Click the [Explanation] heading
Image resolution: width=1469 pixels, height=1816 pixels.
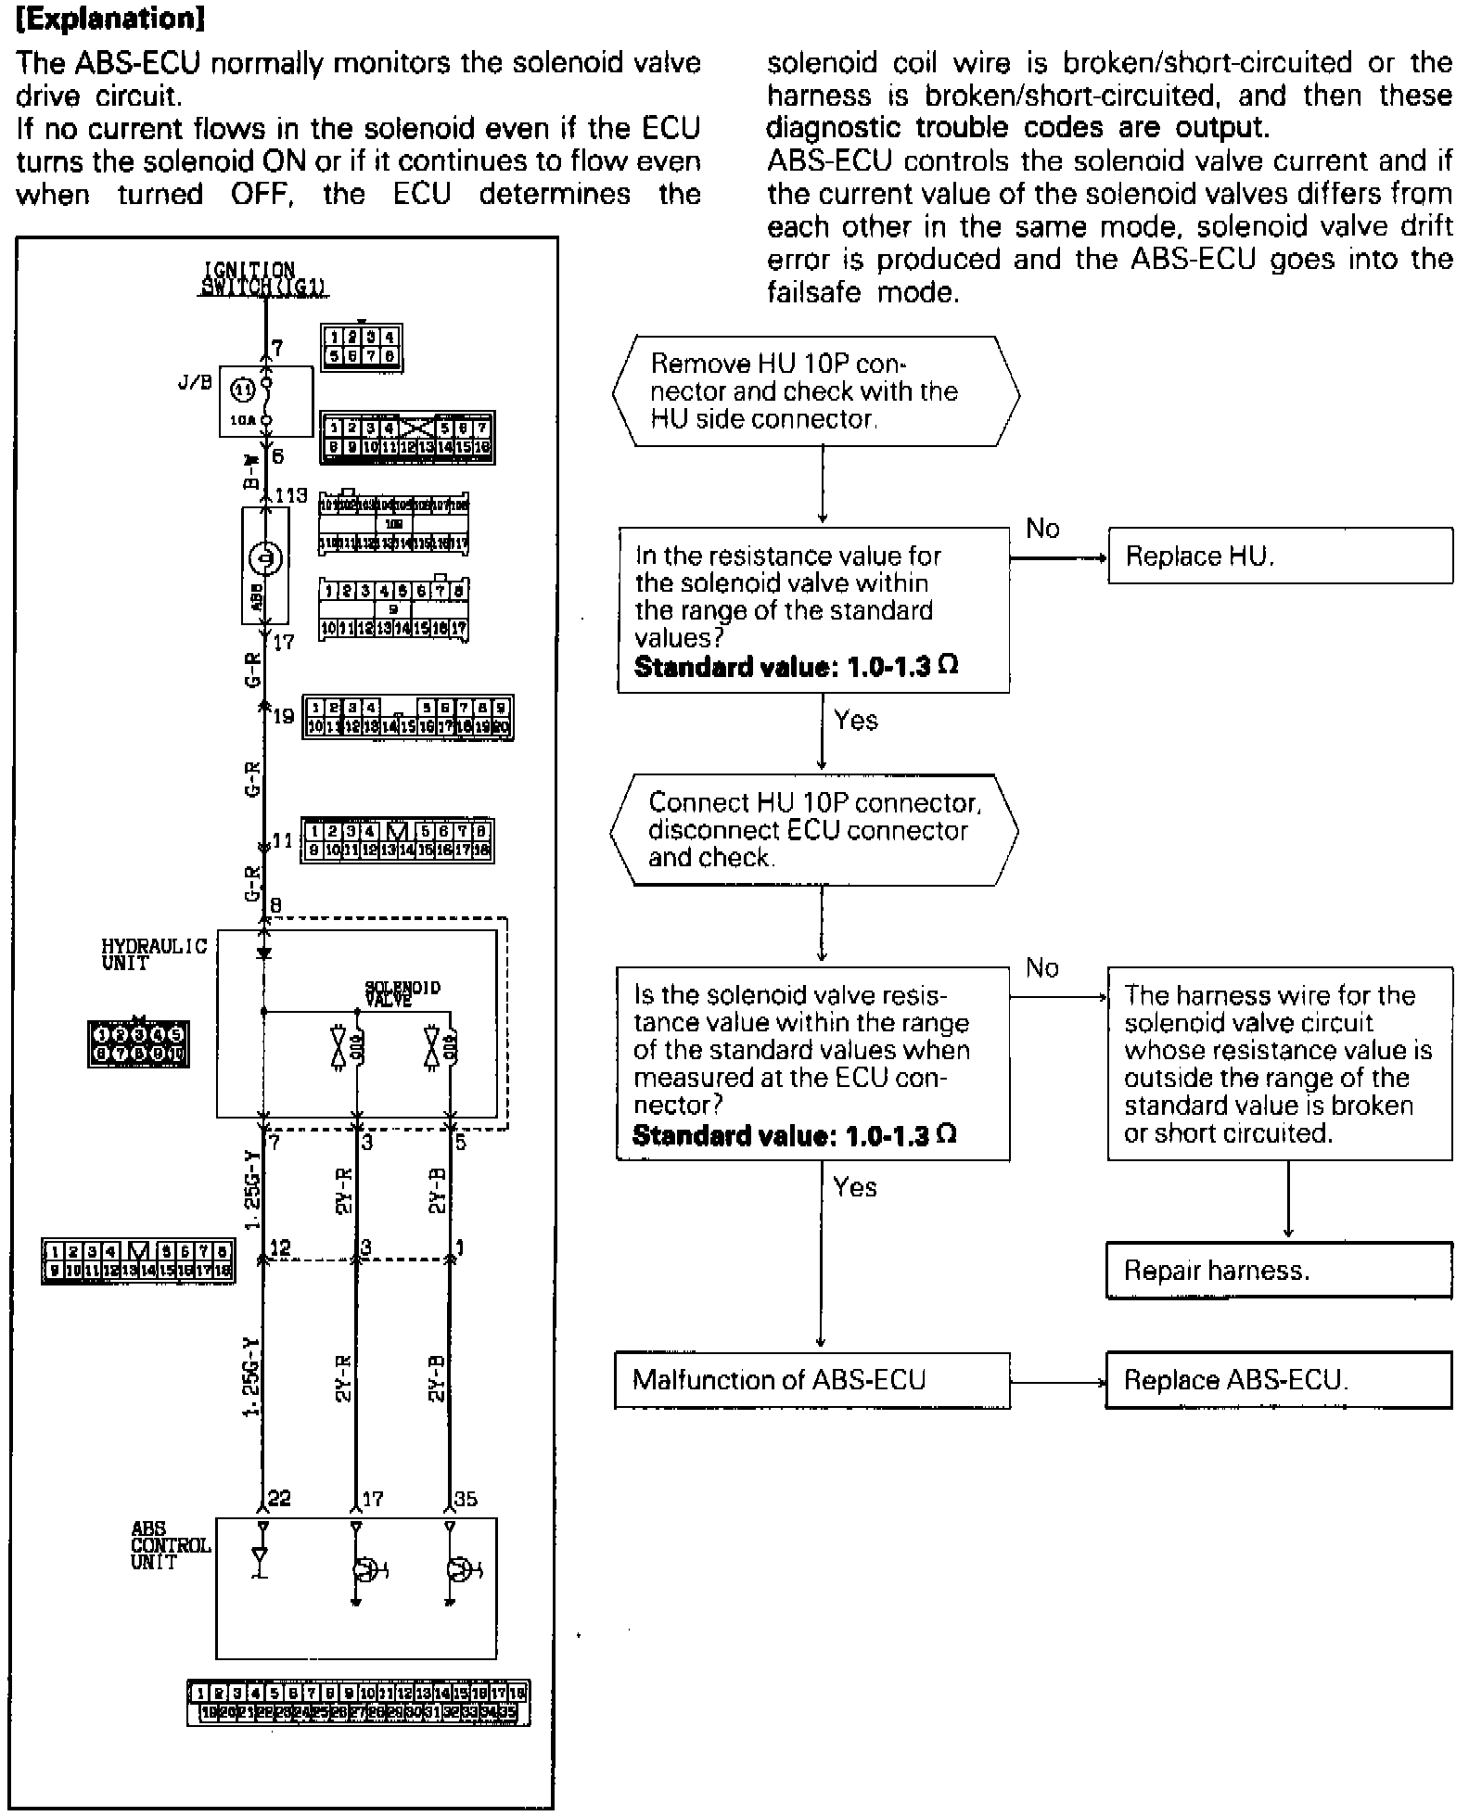coord(110,19)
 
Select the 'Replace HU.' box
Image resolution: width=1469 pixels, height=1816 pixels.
coord(1280,556)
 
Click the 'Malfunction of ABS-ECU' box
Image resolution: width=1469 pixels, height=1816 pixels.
coord(812,1380)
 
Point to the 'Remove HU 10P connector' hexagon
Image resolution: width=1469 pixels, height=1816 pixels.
coord(816,391)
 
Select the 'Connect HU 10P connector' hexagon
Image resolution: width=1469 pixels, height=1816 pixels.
coord(814,829)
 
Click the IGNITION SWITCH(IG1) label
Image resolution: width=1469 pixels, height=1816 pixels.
coord(264,279)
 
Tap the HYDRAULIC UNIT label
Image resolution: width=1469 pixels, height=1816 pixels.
coord(154,953)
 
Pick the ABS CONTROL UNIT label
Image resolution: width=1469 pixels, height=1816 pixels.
coord(170,1545)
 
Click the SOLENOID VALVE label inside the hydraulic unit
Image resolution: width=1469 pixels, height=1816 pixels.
coord(402,993)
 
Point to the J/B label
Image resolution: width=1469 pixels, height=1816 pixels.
coord(195,381)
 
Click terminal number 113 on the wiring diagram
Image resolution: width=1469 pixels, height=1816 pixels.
coord(290,495)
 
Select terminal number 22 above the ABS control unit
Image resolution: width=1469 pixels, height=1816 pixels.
coord(279,1499)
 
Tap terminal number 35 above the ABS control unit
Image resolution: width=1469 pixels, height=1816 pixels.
coord(466,1499)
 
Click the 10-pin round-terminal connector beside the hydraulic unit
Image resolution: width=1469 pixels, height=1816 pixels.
coord(138,1043)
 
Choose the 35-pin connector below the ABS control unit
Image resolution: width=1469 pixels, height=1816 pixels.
coord(358,1703)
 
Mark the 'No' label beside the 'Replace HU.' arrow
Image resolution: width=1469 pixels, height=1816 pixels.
coord(1042,529)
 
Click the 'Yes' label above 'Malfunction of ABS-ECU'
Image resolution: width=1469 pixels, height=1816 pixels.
coord(854,1187)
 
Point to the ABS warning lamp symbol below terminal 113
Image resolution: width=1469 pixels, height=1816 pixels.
coord(265,559)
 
